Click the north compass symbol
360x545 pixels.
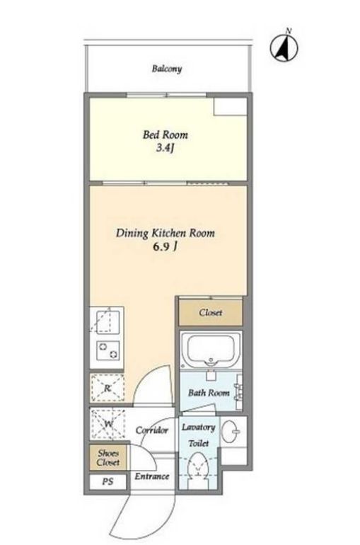(284, 47)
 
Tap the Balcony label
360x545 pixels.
(167, 69)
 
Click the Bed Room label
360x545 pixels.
(166, 134)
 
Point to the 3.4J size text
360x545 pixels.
(165, 148)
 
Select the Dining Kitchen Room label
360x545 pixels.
(166, 233)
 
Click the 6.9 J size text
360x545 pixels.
(166, 247)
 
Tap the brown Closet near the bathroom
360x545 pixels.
(210, 312)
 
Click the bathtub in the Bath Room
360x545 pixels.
(210, 351)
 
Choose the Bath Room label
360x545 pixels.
(209, 393)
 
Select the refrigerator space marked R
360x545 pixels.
(108, 388)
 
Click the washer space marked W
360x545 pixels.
(108, 424)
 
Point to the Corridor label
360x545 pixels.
(151, 430)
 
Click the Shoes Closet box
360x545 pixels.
(108, 458)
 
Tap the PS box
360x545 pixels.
(108, 482)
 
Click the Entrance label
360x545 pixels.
(152, 476)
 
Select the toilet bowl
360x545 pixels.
(198, 464)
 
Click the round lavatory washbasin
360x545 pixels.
(230, 431)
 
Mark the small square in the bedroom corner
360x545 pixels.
(230, 106)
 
